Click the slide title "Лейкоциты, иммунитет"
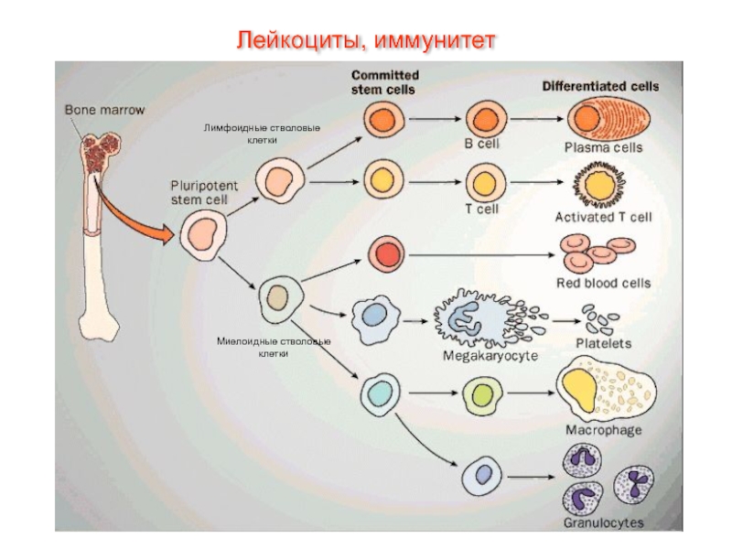(x=366, y=40)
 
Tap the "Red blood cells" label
(x=603, y=283)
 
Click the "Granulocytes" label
(x=603, y=524)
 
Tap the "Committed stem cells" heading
(x=384, y=82)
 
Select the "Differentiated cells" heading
(x=600, y=87)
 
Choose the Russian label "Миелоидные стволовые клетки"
(x=273, y=347)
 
